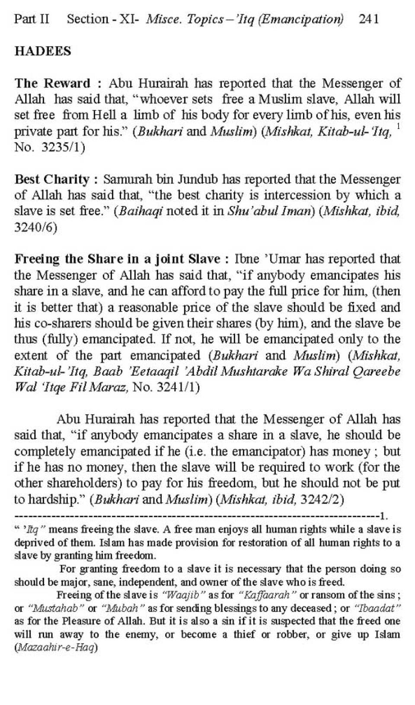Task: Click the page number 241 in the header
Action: [369, 19]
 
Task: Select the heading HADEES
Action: [42, 51]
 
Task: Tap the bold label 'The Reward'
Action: [52, 83]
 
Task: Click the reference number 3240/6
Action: [35, 227]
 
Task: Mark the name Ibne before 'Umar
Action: [247, 259]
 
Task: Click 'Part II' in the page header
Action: [32, 19]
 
